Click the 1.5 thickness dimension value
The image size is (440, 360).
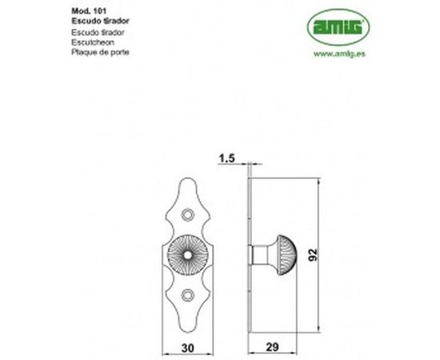[226, 160]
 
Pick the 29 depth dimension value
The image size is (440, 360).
[272, 348]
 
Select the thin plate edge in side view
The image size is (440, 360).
[250, 256]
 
